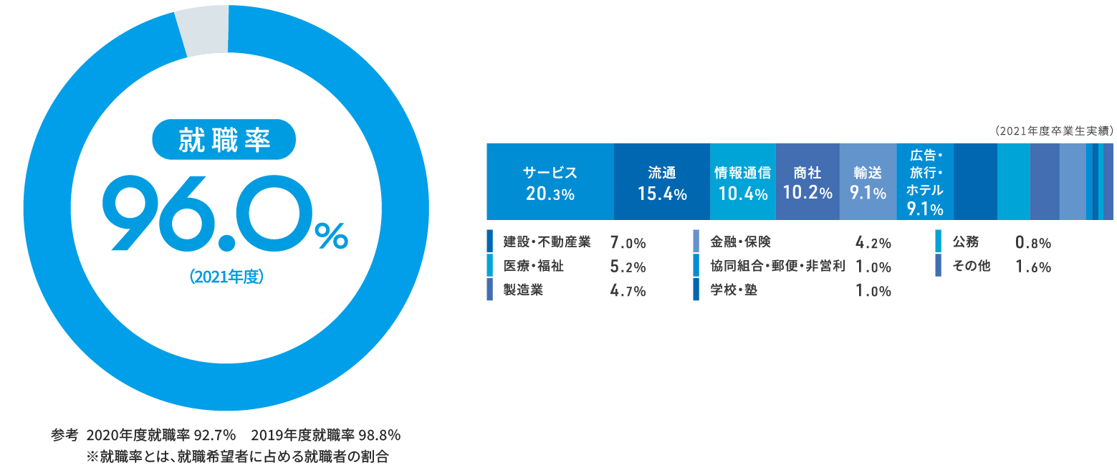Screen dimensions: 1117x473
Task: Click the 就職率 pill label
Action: coord(224,140)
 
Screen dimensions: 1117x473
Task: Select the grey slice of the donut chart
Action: coord(203,30)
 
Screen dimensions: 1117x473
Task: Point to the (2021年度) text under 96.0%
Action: coord(226,277)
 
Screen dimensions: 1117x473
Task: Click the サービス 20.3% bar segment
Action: coord(550,181)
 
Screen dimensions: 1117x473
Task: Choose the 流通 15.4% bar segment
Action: coord(662,181)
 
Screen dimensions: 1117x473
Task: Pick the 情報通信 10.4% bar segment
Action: coord(743,181)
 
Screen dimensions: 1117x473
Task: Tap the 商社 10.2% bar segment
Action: coord(807,181)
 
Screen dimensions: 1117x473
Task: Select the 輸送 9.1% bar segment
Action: coord(868,181)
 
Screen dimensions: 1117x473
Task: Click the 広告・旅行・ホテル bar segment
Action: coord(925,181)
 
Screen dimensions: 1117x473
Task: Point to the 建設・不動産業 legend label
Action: coord(547,242)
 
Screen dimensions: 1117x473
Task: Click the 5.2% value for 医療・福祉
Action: coord(628,267)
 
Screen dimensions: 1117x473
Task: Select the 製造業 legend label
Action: coord(523,290)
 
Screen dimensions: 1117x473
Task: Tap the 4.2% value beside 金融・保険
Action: coord(873,242)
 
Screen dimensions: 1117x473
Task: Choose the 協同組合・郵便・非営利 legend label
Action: coord(777,266)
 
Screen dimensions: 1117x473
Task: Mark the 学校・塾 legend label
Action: coord(734,290)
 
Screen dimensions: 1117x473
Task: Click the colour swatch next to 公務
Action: coord(938,241)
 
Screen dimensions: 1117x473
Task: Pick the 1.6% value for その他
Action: coord(1033,267)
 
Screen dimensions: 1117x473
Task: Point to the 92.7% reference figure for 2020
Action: coord(214,435)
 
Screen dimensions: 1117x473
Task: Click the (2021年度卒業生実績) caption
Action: coord(1054,130)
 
